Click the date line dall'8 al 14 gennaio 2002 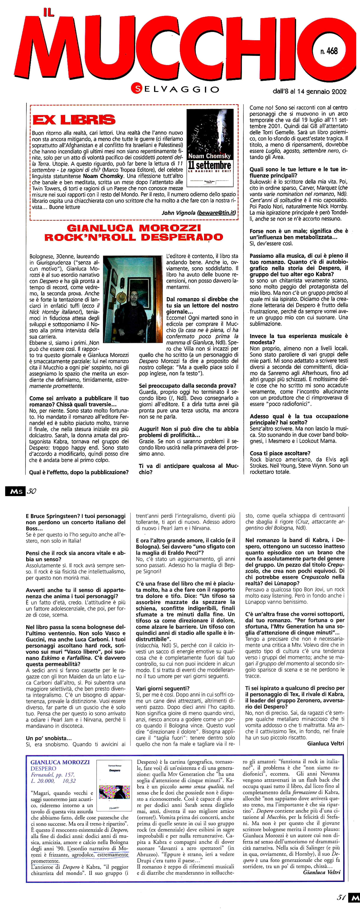tap(309, 92)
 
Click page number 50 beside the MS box tap(32, 491)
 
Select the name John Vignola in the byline tap(179, 213)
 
